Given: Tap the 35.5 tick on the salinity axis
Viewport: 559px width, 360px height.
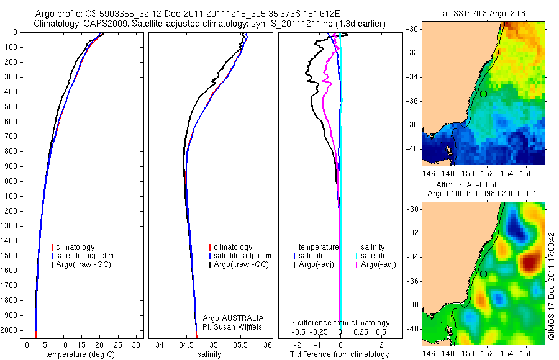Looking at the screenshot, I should [x=241, y=344].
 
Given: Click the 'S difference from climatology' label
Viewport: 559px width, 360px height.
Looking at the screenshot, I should [x=340, y=323].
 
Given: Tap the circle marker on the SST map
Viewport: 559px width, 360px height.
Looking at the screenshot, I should [x=483, y=94].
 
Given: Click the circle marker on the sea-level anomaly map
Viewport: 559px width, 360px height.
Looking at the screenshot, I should [x=483, y=274].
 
